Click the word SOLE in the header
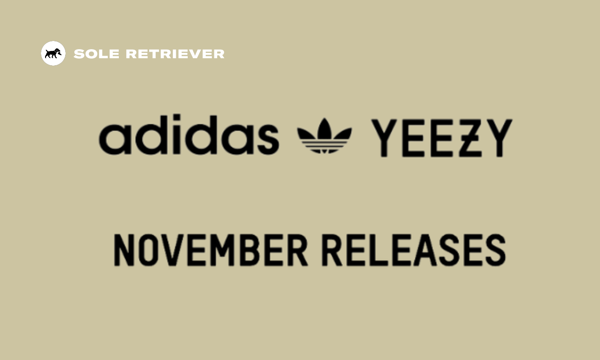tap(96, 54)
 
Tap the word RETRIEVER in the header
tap(175, 54)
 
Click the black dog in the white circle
tap(53, 53)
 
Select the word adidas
tap(189, 134)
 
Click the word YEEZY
tap(442, 138)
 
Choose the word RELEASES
tap(414, 250)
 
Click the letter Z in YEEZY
tap(470, 138)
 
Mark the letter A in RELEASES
tap(426, 250)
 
